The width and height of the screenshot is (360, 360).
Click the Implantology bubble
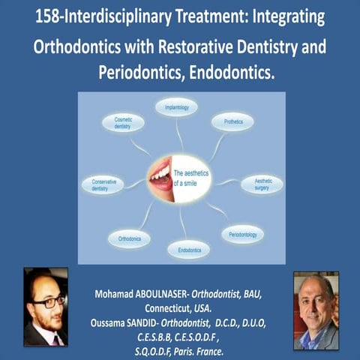pyautogui.click(x=176, y=108)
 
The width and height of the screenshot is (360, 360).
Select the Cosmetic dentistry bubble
pyautogui.click(x=124, y=124)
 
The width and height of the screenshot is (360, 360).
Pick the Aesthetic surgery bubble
pyautogui.click(x=261, y=184)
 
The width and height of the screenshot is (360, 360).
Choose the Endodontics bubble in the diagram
pyautogui.click(x=188, y=248)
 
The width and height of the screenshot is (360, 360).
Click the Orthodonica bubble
pyautogui.click(x=129, y=238)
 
